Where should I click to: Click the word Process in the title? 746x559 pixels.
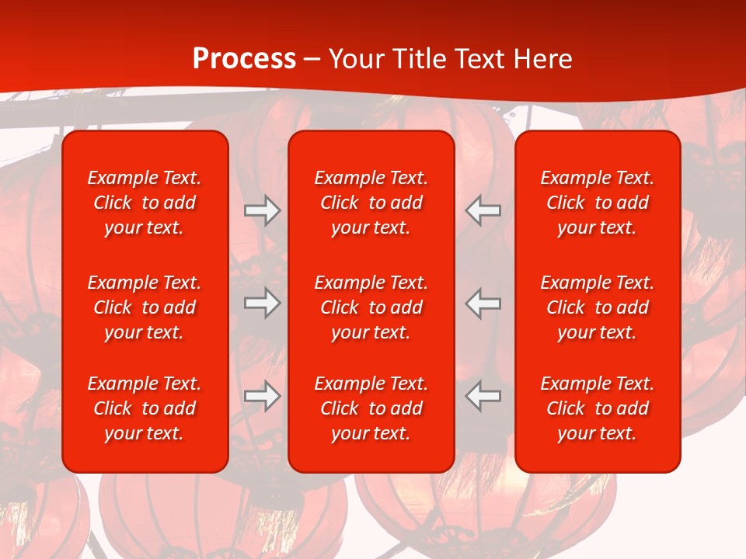point(244,59)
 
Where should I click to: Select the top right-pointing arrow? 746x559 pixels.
point(262,210)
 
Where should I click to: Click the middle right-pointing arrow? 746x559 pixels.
point(262,303)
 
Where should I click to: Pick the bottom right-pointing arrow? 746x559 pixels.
point(262,396)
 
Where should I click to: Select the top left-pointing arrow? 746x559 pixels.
point(483,210)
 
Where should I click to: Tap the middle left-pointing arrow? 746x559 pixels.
point(483,303)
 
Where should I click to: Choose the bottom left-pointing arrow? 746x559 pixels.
point(483,396)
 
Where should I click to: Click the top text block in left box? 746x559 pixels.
point(145,203)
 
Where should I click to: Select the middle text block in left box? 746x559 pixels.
point(145,307)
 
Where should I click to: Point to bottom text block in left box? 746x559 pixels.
point(145,408)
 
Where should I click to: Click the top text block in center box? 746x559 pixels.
point(371,203)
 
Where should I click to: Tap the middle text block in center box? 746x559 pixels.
point(371,307)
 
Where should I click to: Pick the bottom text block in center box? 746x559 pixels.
point(371,408)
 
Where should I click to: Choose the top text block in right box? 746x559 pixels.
point(597,203)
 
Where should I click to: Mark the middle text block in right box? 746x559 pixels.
point(597,307)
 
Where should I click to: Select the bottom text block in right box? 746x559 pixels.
point(597,408)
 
